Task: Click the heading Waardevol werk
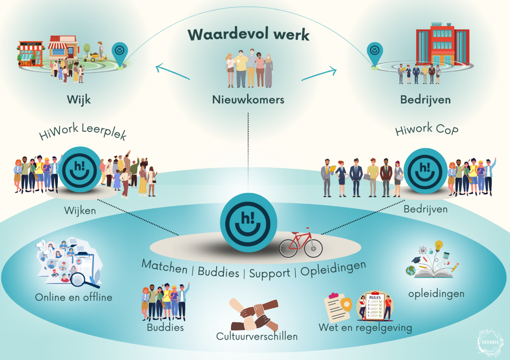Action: (248, 35)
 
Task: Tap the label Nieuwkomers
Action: (248, 99)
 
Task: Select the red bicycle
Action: (300, 243)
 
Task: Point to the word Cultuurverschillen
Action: (257, 336)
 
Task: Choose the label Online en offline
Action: (74, 297)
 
